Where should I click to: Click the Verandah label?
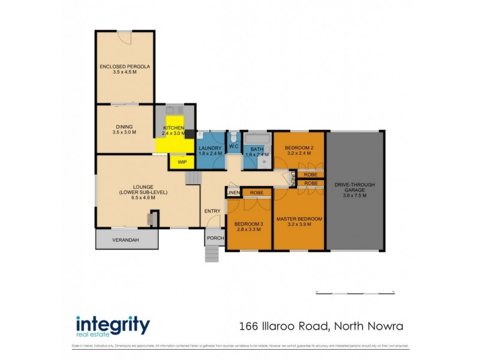coord(126,241)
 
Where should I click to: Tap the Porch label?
coord(215,238)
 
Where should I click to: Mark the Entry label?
coord(212,211)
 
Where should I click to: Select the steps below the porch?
coord(213,254)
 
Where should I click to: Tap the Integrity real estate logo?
coord(113,326)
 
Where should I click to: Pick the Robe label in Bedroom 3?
coord(257,193)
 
